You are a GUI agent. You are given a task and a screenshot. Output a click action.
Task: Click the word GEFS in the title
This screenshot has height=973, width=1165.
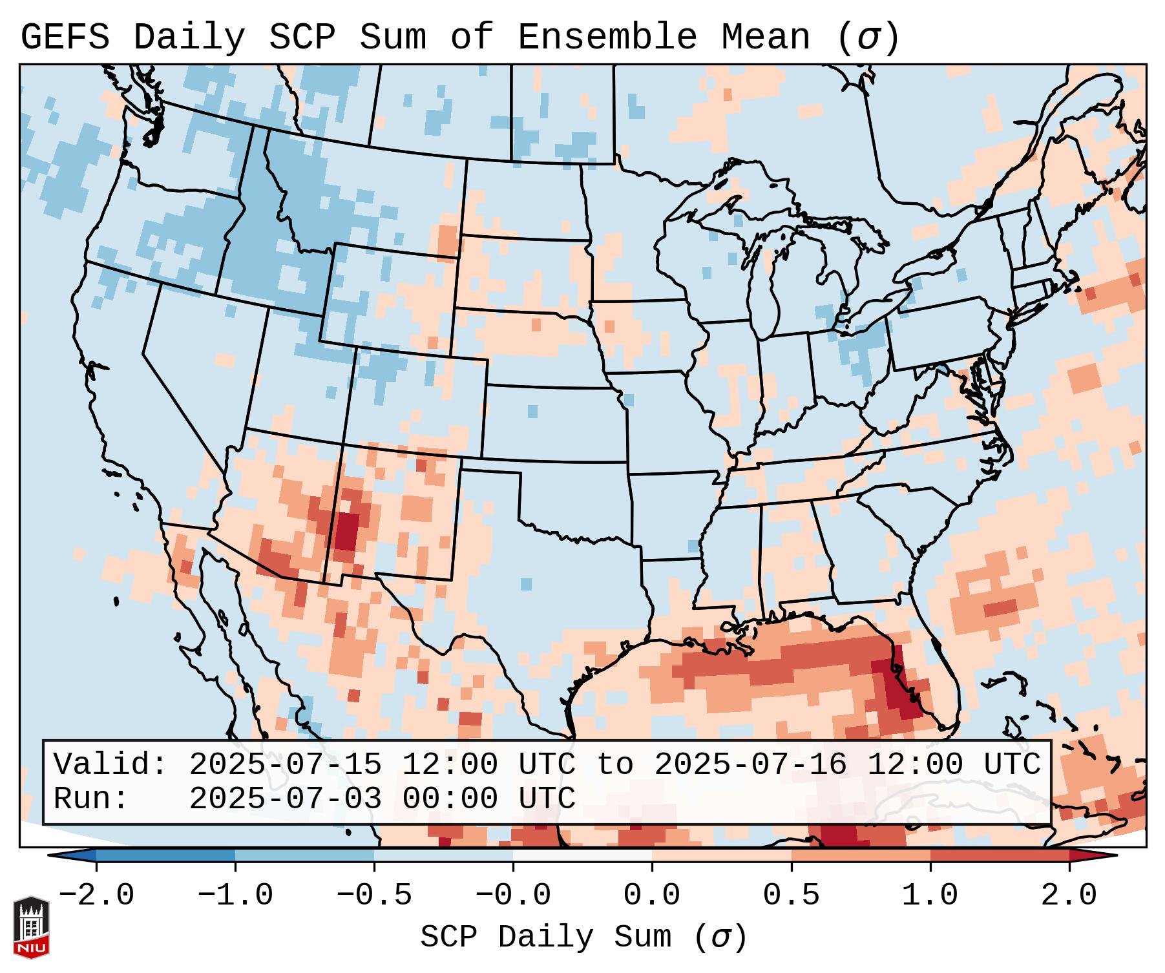pos(65,37)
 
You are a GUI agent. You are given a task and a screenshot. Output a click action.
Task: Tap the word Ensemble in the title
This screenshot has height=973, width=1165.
pos(607,37)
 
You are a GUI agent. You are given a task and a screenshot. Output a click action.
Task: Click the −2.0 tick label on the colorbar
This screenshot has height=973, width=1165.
pos(96,895)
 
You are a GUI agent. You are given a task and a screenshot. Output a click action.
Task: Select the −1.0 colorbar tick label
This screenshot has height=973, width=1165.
pos(235,895)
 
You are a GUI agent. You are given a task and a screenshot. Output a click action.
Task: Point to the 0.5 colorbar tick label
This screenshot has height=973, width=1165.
pos(791,895)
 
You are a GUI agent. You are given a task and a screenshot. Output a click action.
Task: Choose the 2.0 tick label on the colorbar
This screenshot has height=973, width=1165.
pos(1069,895)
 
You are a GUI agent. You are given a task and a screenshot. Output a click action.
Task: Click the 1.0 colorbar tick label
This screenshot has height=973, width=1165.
pos(930,895)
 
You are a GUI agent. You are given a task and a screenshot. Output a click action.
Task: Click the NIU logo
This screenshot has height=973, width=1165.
pos(31,927)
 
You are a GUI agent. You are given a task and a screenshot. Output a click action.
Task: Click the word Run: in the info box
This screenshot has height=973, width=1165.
pos(90,799)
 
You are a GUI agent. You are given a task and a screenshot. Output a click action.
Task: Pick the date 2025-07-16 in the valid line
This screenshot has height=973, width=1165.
pos(750,764)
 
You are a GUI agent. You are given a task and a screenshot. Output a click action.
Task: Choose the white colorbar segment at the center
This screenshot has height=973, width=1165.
pos(582,855)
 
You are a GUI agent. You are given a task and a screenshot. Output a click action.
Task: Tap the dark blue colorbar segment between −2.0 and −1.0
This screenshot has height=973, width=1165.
pos(165,855)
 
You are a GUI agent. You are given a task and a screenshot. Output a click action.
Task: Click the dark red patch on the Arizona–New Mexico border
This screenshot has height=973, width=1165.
pos(345,530)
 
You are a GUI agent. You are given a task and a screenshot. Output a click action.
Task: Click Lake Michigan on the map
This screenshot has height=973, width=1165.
pos(765,291)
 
